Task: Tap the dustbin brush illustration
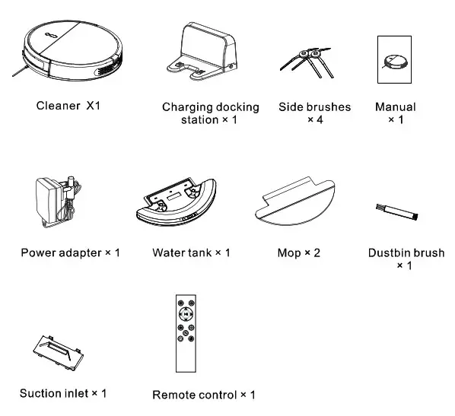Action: (396, 211)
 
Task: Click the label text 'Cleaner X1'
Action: (68, 106)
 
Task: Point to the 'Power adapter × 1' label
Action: (70, 252)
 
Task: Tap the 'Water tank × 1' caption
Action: (191, 252)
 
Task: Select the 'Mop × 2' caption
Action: (298, 252)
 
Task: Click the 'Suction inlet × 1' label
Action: (63, 393)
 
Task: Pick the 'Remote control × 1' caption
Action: (204, 395)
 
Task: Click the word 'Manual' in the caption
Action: (395, 107)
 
